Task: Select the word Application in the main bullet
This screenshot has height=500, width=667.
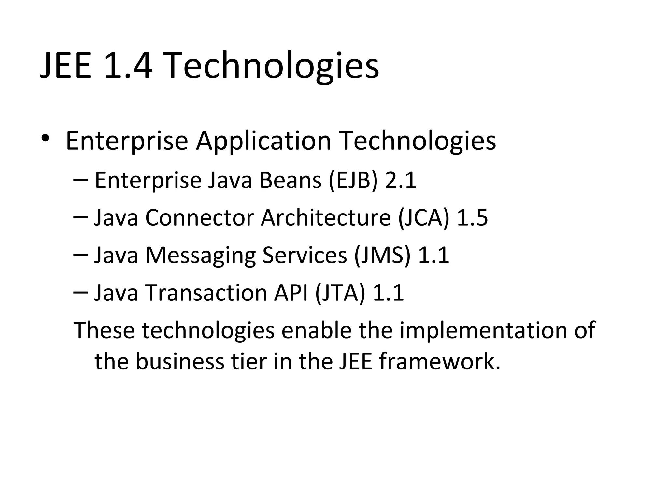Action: pos(263,141)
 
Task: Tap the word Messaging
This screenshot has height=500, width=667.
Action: pos(201,255)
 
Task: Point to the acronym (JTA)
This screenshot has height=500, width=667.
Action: pos(340,293)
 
